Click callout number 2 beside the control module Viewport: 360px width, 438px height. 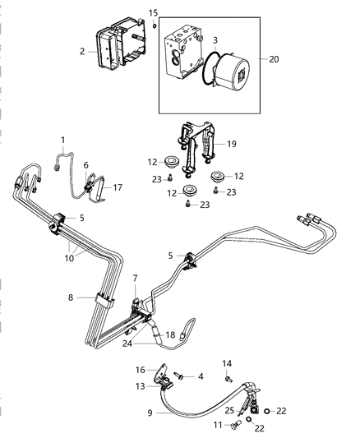coord(82,51)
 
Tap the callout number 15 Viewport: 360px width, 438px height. coord(153,12)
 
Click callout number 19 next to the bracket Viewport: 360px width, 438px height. coord(233,143)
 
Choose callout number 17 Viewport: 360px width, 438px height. coord(118,187)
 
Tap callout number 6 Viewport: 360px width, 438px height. coord(85,164)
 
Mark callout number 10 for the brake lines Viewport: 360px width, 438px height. coord(71,258)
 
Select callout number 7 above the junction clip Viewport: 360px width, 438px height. coord(135,279)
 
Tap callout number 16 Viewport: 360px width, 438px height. coord(141,371)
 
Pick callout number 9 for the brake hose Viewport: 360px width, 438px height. coord(149,413)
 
